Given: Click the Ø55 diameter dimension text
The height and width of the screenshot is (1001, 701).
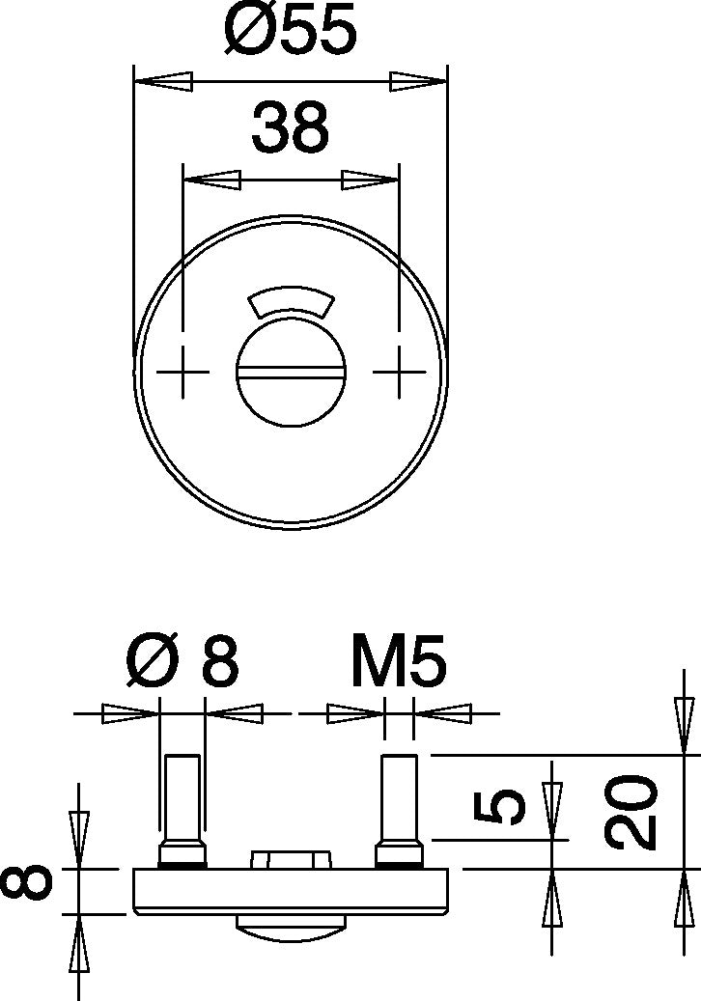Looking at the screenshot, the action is coord(290,29).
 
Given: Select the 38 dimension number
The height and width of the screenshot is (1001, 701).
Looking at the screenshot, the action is coord(290,126).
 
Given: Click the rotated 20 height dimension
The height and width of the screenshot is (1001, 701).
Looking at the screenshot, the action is coord(631,812).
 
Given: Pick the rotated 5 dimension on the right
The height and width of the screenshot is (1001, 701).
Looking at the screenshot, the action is coord(502,805).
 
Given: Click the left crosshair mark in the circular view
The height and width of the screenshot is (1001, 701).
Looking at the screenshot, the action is coord(182,372).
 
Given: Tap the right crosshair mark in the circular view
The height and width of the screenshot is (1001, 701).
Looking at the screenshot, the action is coord(400,372).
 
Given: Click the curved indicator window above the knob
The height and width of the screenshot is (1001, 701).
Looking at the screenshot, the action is coord(291,301).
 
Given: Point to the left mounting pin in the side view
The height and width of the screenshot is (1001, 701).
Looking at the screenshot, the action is coord(182,810).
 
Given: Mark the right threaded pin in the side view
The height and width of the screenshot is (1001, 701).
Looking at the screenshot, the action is coord(400,810).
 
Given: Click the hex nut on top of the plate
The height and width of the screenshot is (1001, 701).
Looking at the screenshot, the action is coord(292,859).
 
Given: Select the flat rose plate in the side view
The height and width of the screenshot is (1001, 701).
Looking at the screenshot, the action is coord(292,891).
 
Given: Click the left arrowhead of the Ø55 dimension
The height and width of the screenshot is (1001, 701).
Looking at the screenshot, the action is coord(163,81).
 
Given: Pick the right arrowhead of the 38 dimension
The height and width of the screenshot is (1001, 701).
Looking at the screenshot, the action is coord(370,181).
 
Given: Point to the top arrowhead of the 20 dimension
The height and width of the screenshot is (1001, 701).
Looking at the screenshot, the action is coord(685,726).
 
